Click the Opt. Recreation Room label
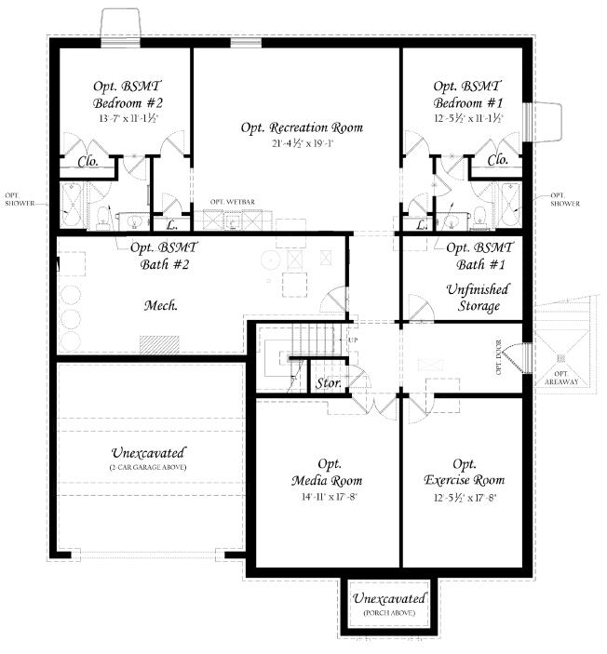pyautogui.click(x=302, y=127)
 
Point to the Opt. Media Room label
pyautogui.click(x=327, y=472)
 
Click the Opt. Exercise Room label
pyautogui.click(x=465, y=472)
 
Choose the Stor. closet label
pyautogui.click(x=328, y=382)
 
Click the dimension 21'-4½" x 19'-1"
pyautogui.click(x=302, y=144)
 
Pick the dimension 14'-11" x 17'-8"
pyautogui.click(x=327, y=498)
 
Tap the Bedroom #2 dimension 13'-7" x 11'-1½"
pyautogui.click(x=128, y=119)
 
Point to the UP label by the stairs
pyautogui.click(x=352, y=340)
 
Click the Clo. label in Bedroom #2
pyautogui.click(x=88, y=161)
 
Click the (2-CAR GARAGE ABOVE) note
pyautogui.click(x=148, y=467)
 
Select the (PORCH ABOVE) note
pyautogui.click(x=389, y=614)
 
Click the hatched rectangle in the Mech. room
pyautogui.click(x=159, y=343)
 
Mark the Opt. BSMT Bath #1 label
pyautogui.click(x=479, y=256)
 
